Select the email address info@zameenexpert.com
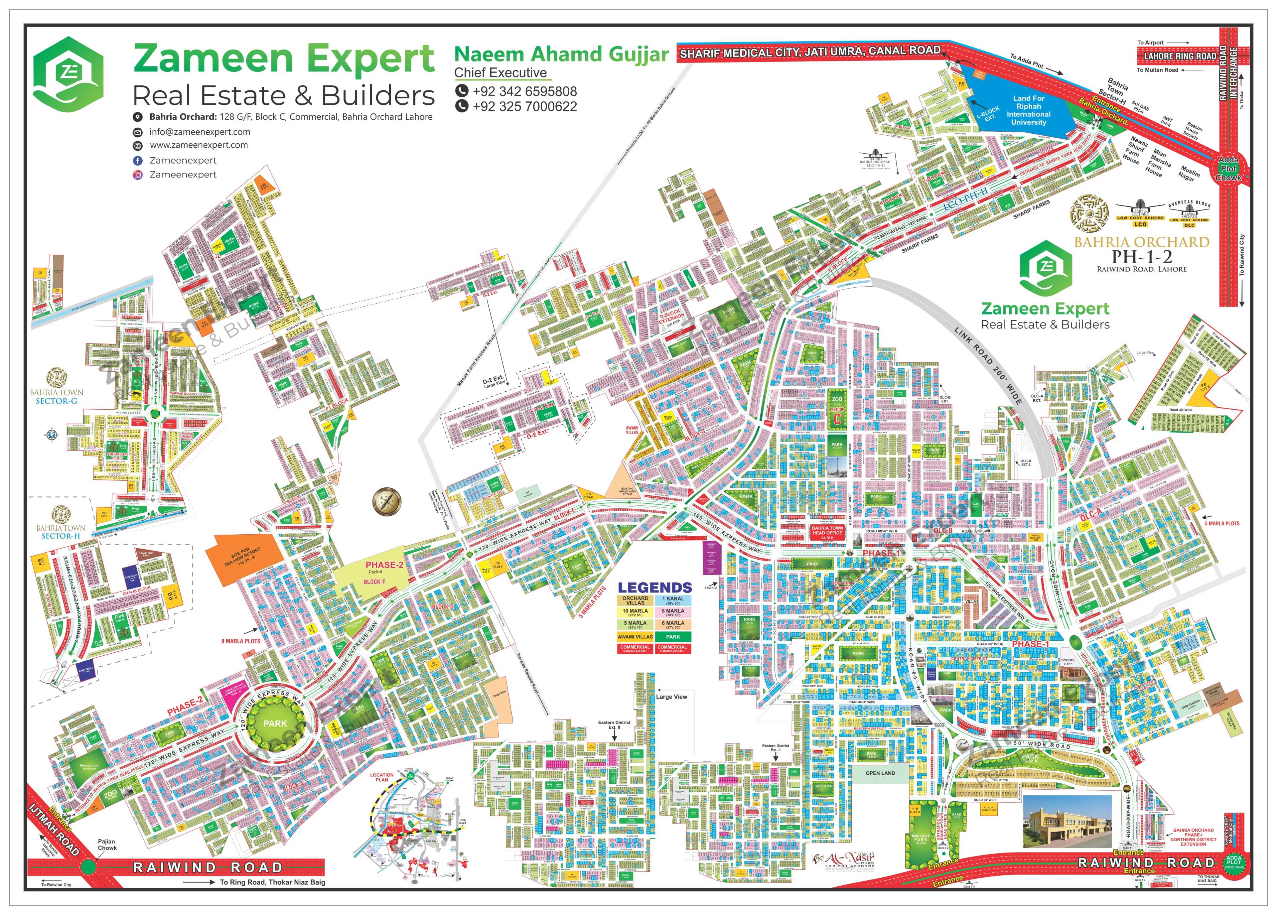tap(200, 132)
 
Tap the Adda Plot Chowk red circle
tap(1228, 168)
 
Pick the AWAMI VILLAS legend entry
tap(635, 637)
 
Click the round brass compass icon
tap(387, 501)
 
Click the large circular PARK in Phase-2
tap(275, 723)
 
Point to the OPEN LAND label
tap(880, 773)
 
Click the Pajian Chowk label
tap(107, 845)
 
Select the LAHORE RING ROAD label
tap(1179, 56)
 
